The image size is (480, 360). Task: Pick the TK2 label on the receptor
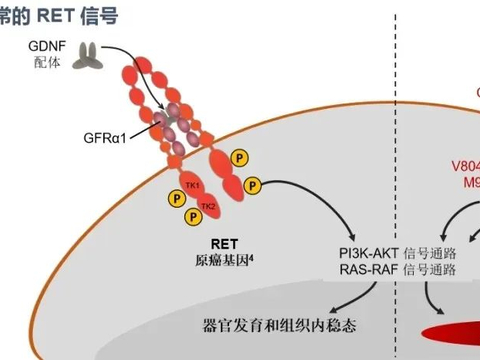coord(208,206)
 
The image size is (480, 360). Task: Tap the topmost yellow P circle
coord(239,158)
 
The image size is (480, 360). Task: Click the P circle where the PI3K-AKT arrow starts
coord(254,185)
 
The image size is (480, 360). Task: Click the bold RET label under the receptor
coord(223,243)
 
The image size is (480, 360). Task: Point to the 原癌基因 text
coord(221,260)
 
